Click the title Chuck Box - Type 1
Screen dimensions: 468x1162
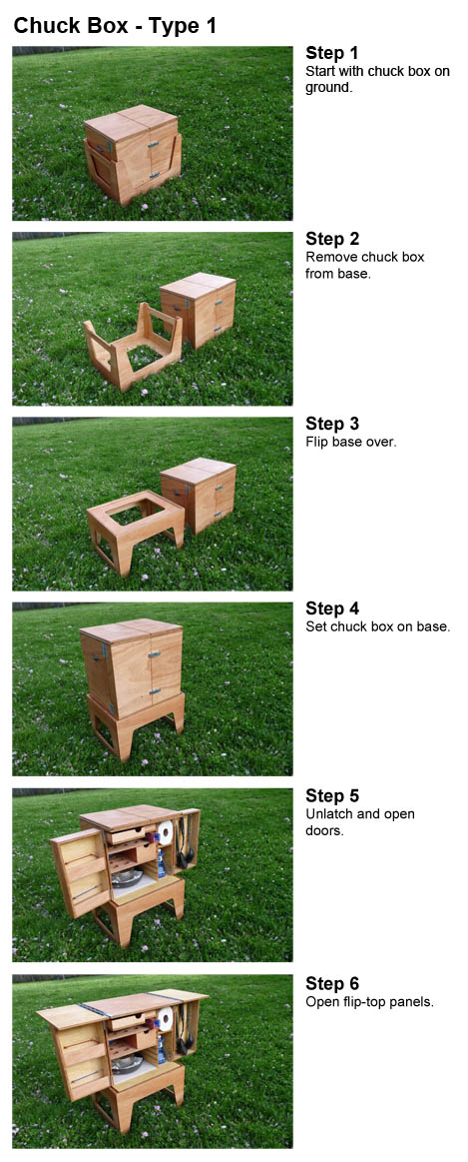pyautogui.click(x=115, y=26)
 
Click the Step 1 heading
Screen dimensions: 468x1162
pyautogui.click(x=331, y=53)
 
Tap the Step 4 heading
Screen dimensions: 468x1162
pyautogui.click(x=332, y=608)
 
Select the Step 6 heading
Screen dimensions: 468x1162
pyautogui.click(x=332, y=983)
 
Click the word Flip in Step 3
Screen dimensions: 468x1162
pyautogui.click(x=317, y=442)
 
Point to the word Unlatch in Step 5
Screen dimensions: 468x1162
pyautogui.click(x=326, y=813)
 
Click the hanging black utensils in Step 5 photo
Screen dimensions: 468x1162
pyautogui.click(x=183, y=841)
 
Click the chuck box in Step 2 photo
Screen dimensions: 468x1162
pyautogui.click(x=198, y=310)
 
